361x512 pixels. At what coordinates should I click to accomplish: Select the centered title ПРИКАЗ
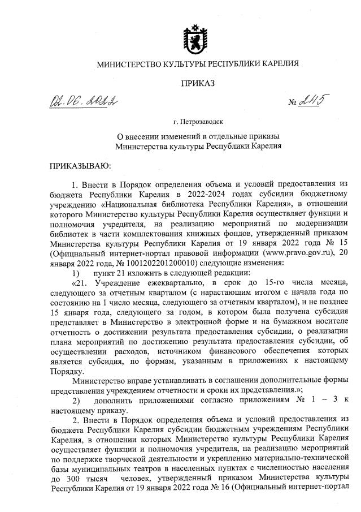(197, 84)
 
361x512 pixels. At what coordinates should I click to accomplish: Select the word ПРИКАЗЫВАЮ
(77, 167)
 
